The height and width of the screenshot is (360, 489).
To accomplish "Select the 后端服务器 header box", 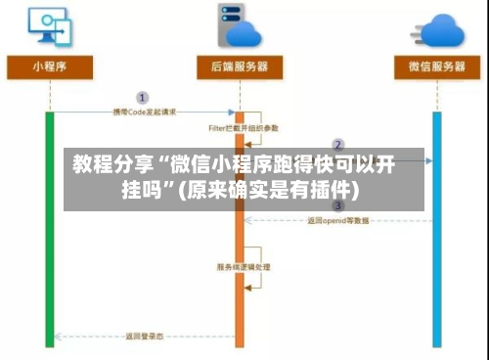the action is click(x=240, y=67).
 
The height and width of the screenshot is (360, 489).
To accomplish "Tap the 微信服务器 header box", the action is click(x=436, y=67).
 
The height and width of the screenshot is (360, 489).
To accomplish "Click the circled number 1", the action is click(x=142, y=98).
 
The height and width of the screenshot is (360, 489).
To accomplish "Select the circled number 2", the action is click(x=338, y=145).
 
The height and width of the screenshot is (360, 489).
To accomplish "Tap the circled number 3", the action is click(x=338, y=205).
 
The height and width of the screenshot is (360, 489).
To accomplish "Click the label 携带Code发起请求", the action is click(x=145, y=112).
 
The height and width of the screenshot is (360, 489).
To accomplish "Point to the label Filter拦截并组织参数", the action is click(x=244, y=127).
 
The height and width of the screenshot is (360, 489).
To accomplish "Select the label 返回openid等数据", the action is click(x=338, y=220).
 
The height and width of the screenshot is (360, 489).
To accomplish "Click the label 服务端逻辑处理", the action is click(x=244, y=266).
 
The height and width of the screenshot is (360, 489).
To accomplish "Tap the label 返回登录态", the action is click(x=144, y=337).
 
